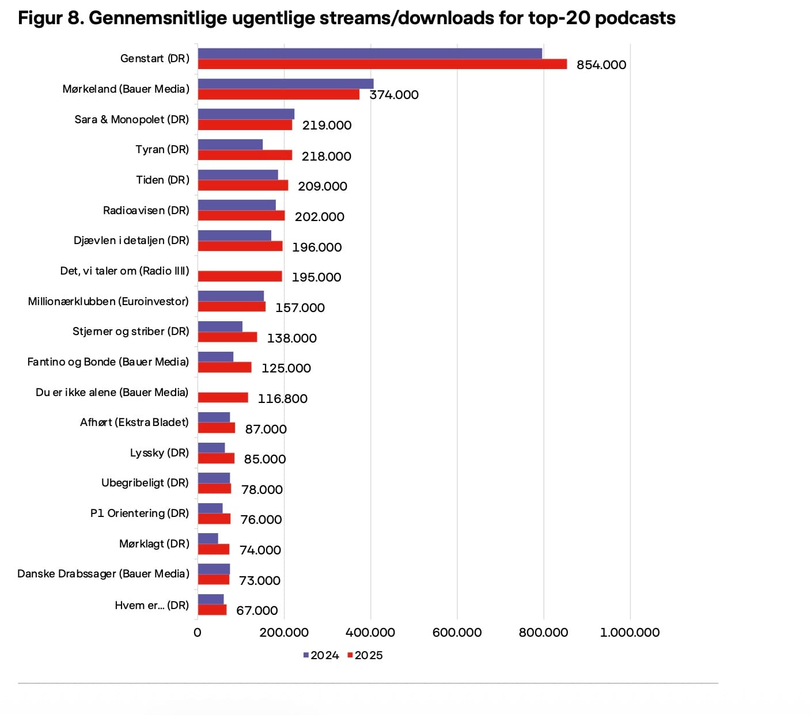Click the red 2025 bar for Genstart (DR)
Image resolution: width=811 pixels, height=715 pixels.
[382, 64]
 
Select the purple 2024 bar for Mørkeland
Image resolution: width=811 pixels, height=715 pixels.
[285, 83]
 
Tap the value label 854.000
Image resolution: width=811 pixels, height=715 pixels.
[601, 65]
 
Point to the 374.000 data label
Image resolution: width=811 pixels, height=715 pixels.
[394, 95]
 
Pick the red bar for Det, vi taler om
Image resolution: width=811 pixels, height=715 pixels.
[240, 276]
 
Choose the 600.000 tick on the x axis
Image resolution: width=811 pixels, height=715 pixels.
[457, 633]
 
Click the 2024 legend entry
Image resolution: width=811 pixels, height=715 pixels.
[321, 655]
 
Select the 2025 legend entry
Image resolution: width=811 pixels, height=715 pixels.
[365, 655]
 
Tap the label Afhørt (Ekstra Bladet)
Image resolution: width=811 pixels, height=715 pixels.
[134, 423]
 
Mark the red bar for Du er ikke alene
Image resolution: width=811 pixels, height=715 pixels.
[223, 397]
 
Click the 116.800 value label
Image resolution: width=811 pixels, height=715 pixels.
[282, 398]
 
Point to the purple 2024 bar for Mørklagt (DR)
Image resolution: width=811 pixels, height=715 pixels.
[208, 538]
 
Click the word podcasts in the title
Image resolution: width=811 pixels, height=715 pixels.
[635, 18]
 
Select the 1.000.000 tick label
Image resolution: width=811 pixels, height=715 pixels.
[630, 633]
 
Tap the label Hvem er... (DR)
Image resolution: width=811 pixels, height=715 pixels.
[151, 605]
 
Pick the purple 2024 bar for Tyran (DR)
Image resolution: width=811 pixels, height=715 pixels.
[230, 144]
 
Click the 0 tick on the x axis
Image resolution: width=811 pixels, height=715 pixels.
[198, 633]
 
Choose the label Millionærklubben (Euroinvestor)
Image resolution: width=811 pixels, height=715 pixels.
[108, 302]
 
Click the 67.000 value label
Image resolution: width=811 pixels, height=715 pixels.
[257, 610]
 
